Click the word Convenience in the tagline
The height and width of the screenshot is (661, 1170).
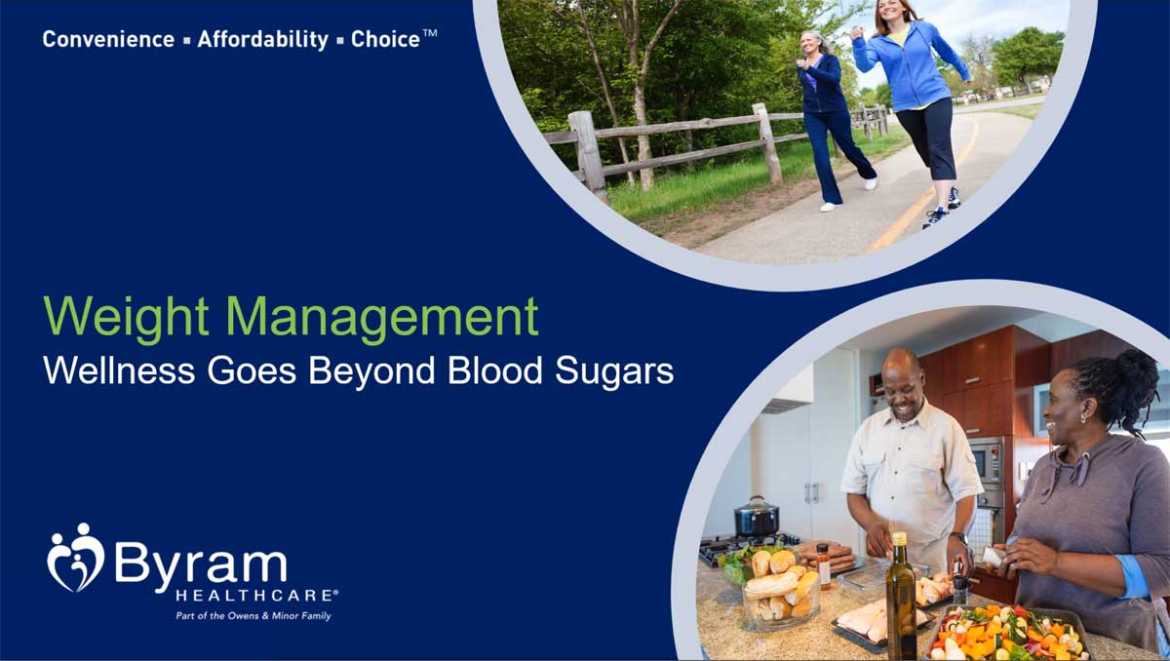[107, 40]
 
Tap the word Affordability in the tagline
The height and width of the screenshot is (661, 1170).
[263, 40]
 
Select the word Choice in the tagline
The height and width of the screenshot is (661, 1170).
[385, 40]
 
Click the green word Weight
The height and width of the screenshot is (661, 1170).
[126, 318]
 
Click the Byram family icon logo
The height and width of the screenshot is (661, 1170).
[76, 557]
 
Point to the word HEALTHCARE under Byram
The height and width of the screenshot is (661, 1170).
[255, 594]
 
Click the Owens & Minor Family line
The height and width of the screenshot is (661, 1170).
[253, 616]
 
